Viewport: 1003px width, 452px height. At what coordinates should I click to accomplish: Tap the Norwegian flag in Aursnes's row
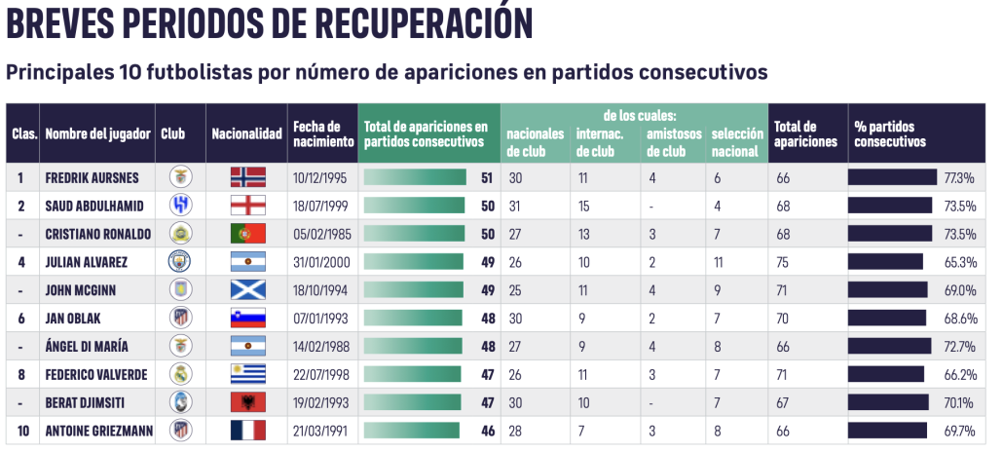(x=247, y=178)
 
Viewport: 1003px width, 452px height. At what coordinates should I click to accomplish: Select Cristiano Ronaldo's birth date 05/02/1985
(x=320, y=234)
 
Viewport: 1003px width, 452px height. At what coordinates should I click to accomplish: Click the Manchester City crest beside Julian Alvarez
(x=181, y=262)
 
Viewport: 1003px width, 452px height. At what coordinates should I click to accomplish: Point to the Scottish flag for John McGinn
(x=247, y=290)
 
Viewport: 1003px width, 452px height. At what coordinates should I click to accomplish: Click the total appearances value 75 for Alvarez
(x=784, y=262)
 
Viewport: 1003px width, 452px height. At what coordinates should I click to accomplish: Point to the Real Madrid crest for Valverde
(x=181, y=374)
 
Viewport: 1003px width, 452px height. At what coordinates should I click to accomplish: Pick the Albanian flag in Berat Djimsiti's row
(x=247, y=402)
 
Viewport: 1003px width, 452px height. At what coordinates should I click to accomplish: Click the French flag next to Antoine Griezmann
(x=247, y=430)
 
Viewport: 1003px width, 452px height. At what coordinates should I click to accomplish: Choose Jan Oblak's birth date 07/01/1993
(x=320, y=318)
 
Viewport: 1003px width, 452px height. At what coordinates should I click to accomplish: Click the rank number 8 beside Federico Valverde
(x=20, y=374)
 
